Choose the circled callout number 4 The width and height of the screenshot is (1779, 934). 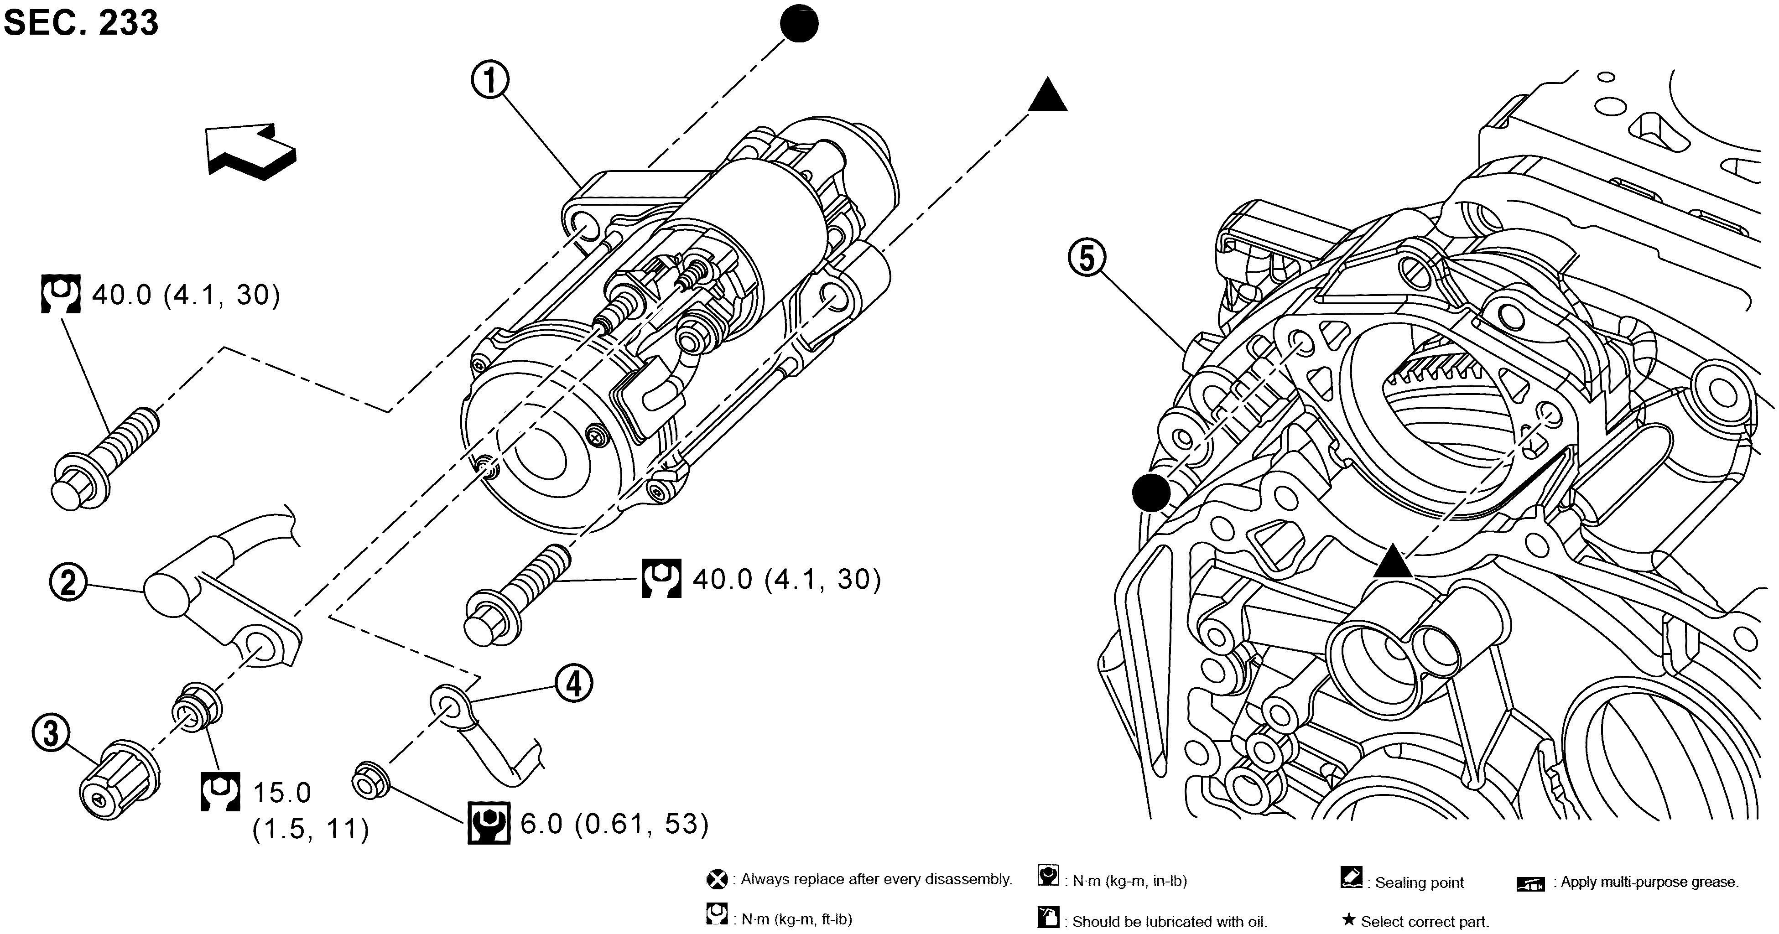point(574,684)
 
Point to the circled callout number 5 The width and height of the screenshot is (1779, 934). point(1087,259)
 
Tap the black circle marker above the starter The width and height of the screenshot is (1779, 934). point(799,23)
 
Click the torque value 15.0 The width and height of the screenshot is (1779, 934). point(282,793)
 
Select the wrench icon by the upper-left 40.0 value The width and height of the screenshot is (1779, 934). point(61,295)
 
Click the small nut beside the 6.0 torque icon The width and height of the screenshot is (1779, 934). point(371,780)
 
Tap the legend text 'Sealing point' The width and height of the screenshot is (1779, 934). point(1419,882)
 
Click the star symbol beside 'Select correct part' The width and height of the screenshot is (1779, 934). point(1348,920)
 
